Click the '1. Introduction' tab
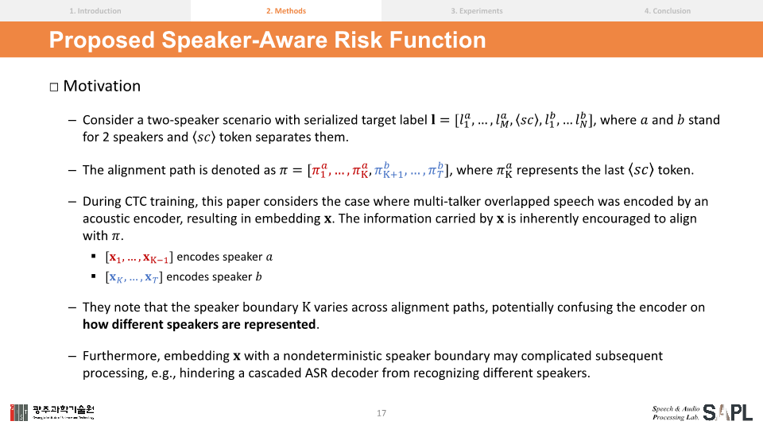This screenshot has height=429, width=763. click(95, 10)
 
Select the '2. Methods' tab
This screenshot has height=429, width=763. click(286, 10)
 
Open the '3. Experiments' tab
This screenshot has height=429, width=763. click(477, 10)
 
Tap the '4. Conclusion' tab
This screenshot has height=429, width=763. click(668, 10)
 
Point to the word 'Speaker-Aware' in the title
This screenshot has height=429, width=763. click(244, 41)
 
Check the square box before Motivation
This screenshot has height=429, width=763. click(54, 87)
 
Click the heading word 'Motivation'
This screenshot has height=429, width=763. click(102, 86)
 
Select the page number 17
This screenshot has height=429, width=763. click(381, 413)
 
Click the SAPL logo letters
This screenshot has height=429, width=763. click(727, 412)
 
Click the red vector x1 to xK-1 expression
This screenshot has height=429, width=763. click(139, 257)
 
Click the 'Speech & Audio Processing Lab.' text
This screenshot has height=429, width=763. click(676, 413)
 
